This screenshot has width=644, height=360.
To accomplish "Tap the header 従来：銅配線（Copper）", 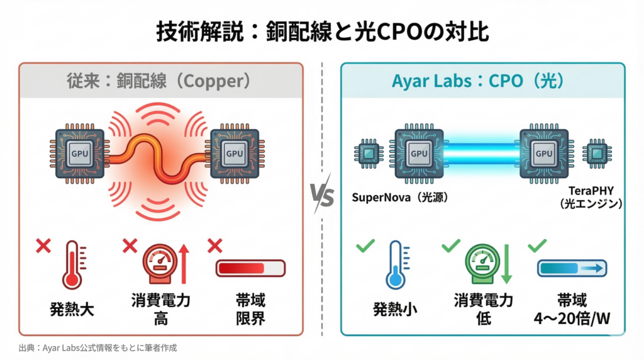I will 161,81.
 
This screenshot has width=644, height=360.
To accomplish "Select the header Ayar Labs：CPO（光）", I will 482,81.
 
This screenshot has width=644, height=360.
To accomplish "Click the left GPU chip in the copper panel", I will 80,153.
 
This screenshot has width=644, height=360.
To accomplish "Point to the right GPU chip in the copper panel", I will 235,153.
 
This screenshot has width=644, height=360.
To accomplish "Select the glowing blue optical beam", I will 482,153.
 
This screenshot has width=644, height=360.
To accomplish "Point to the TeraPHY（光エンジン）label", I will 594,196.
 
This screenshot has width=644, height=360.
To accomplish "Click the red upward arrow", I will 184,264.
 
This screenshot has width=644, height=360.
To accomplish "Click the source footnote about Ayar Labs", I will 98,347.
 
